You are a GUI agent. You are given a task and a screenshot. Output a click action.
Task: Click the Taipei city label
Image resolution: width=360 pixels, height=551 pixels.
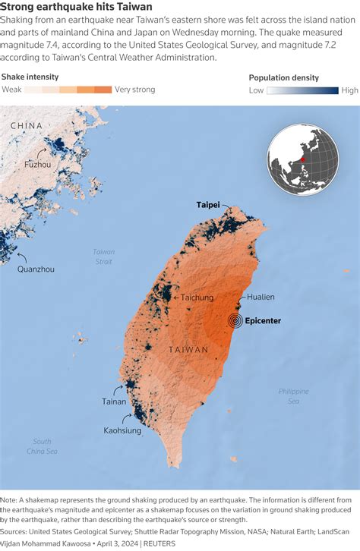tap(208, 205)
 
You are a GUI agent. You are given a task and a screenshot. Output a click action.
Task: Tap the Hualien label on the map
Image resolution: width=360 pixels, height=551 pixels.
tap(261, 297)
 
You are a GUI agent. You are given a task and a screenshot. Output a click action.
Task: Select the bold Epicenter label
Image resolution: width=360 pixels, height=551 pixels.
tap(264, 321)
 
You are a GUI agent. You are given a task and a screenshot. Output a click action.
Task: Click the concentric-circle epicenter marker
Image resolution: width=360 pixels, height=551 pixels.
tap(237, 320)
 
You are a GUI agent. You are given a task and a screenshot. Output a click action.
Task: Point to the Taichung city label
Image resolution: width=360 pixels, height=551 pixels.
tap(197, 298)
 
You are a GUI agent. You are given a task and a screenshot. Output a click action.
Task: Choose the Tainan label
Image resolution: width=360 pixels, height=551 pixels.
tap(115, 401)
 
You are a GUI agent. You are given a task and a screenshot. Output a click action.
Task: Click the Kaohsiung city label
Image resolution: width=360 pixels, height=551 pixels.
tap(122, 430)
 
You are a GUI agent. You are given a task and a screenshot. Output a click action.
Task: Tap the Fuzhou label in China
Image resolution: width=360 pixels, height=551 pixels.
tap(38, 164)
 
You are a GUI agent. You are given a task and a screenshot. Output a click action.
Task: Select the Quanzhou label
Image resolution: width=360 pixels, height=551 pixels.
tap(36, 269)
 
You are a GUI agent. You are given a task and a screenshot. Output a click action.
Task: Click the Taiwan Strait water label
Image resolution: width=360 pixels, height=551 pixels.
tap(103, 257)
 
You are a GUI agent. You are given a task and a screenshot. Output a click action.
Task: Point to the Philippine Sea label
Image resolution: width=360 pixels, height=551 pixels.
tap(293, 395)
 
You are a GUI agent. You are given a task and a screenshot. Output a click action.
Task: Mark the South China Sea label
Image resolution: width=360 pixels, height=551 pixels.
tap(42, 446)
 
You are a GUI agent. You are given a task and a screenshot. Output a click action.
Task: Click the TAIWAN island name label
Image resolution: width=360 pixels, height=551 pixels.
tap(188, 350)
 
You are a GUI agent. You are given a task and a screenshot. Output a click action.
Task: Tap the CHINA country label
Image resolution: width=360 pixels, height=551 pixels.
tap(27, 125)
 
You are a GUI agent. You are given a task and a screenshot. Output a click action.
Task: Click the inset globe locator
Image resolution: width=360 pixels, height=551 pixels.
tap(302, 159)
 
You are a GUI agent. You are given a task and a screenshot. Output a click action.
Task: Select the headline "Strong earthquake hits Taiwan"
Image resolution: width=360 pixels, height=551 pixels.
tap(76, 7)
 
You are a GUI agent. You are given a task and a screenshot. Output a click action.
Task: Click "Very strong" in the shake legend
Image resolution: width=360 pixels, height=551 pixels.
tap(135, 90)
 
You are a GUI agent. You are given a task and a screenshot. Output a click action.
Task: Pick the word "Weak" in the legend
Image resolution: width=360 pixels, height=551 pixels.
tap(11, 90)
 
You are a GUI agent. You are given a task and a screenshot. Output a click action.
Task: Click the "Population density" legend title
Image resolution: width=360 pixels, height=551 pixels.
tap(284, 77)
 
